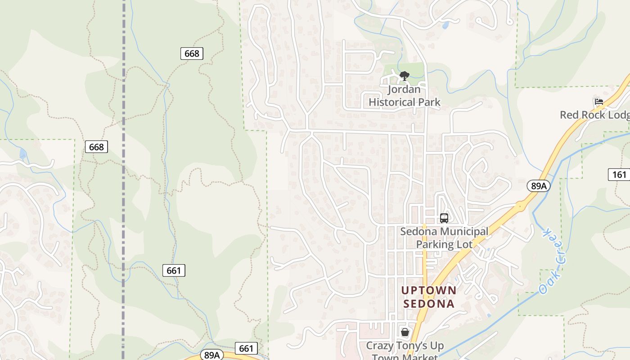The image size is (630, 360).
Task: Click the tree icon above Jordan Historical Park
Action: pos(405,76)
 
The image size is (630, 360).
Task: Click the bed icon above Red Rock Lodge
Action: pos(598,102)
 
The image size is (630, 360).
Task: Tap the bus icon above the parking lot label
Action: pos(444,218)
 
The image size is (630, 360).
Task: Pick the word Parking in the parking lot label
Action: pos(435,244)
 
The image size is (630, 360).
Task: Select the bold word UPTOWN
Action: pos(429,290)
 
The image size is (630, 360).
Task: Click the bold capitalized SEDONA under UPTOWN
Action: pos(429,304)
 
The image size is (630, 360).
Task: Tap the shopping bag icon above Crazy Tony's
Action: pos(405,333)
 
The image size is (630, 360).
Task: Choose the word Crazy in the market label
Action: pos(382,346)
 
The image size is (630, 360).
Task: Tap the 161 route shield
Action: pos(619,174)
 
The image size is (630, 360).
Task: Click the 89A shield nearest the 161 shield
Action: pos(539,186)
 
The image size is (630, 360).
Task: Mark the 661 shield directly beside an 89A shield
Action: pos(246,348)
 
